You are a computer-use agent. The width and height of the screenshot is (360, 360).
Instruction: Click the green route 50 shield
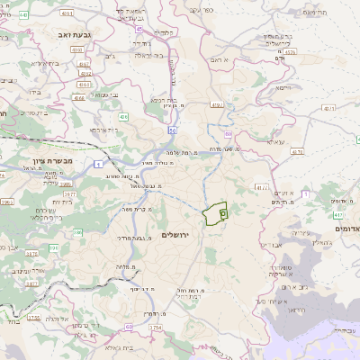pos(170,130)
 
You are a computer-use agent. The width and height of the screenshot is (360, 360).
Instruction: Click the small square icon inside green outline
pos(222,212)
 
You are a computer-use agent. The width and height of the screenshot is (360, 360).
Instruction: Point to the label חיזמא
pos(283,87)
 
